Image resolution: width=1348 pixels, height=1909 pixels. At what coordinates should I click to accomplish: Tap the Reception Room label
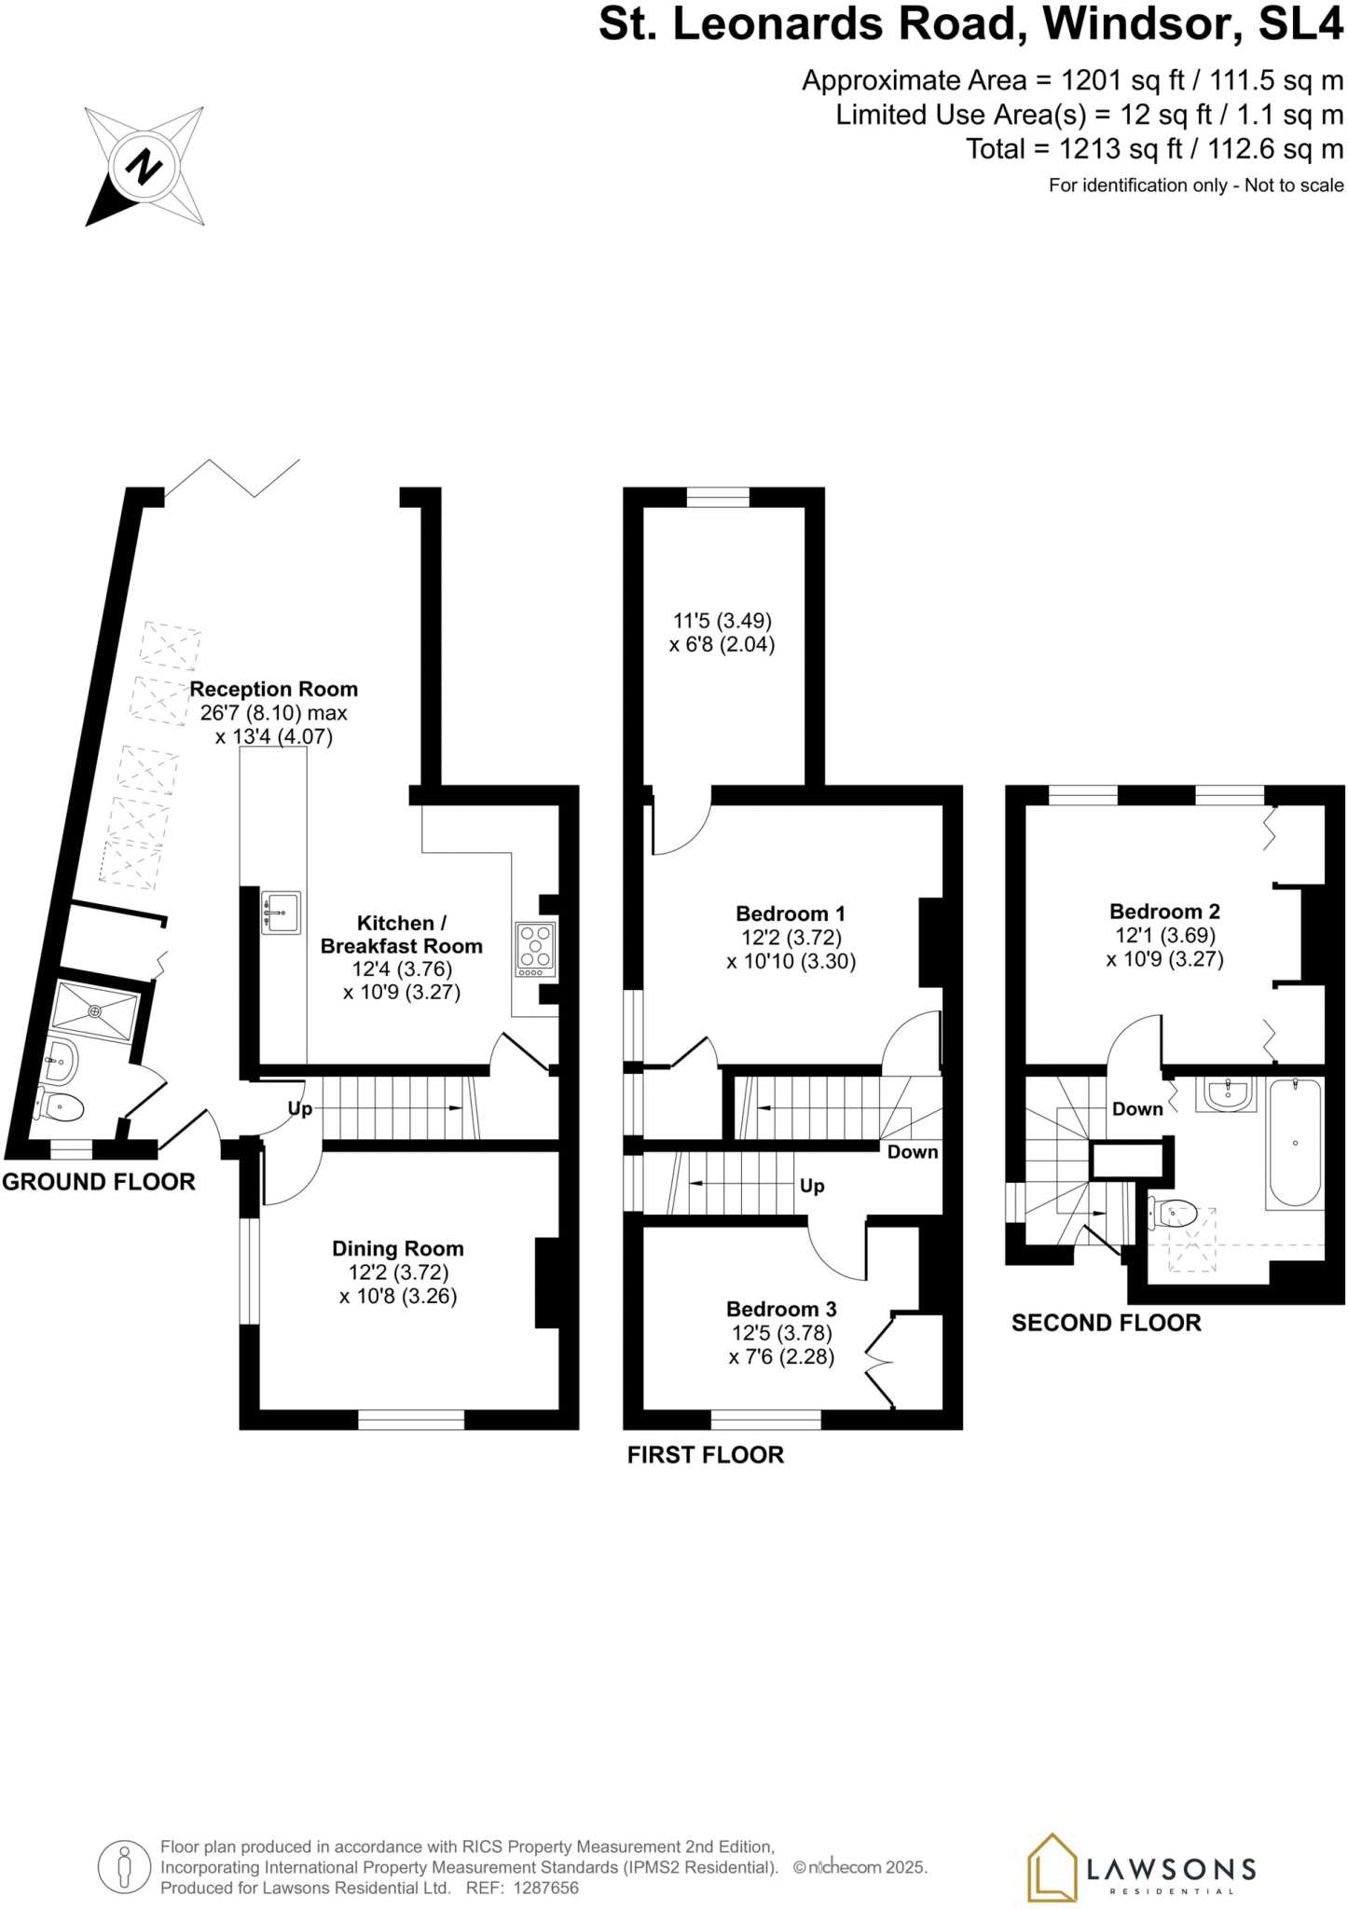click(x=273, y=690)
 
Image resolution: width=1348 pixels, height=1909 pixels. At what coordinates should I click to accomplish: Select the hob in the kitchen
click(x=535, y=948)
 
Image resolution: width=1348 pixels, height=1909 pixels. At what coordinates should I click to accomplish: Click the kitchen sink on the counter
click(x=281, y=913)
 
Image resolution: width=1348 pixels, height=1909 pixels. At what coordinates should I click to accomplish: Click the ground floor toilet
click(x=61, y=1106)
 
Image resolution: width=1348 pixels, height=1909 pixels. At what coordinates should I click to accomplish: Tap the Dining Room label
click(x=397, y=1249)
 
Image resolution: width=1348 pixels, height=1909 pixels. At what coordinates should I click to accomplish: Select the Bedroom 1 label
click(x=790, y=914)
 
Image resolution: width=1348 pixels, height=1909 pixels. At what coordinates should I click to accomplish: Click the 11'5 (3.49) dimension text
click(x=722, y=621)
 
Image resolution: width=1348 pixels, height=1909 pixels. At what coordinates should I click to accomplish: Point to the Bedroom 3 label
click(x=781, y=1310)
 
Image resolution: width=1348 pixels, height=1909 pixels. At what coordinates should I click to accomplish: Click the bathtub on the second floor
click(x=1295, y=1143)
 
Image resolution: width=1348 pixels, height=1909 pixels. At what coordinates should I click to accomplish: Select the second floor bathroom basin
click(x=1230, y=1094)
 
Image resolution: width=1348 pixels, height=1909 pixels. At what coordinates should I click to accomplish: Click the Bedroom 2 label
click(x=1164, y=912)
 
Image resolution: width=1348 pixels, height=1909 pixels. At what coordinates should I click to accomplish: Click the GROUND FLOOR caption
click(x=99, y=1182)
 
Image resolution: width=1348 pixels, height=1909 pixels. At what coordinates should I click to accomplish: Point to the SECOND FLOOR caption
click(x=1106, y=1323)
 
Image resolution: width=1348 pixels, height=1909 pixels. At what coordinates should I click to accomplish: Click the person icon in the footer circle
click(x=124, y=1867)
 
